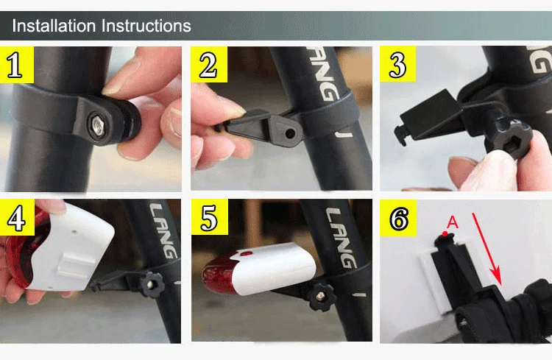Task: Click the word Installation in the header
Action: [54, 27]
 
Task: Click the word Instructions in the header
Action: [145, 27]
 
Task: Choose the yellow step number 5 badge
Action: [208, 217]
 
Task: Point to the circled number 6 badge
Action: [397, 217]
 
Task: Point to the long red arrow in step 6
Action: [486, 247]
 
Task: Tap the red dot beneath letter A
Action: [445, 235]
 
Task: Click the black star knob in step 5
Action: [322, 297]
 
